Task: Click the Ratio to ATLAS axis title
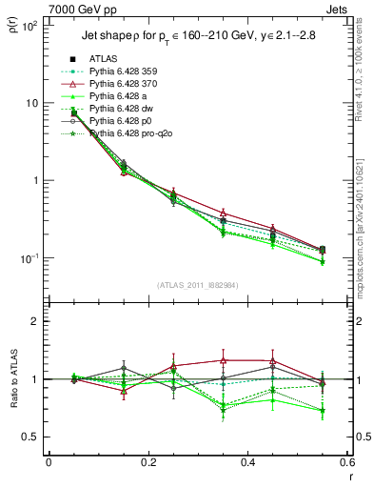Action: pyautogui.click(x=14, y=377)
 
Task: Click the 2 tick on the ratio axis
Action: pyautogui.click(x=34, y=321)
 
